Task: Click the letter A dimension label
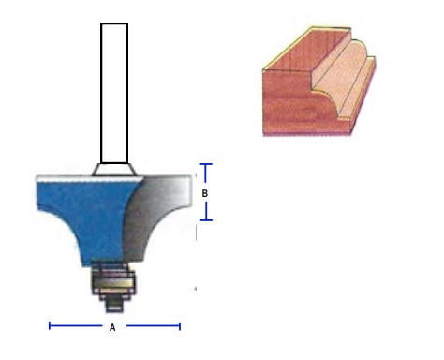(112, 327)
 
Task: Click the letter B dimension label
(205, 193)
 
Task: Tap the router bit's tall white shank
(114, 93)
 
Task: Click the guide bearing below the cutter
(113, 283)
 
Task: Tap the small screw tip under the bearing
(114, 306)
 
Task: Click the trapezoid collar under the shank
(114, 170)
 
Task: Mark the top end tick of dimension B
(206, 164)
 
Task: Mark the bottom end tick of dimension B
(206, 220)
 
